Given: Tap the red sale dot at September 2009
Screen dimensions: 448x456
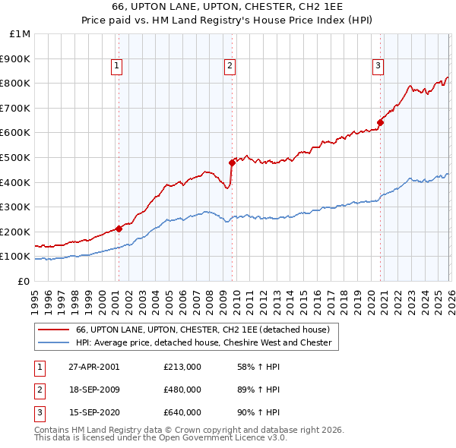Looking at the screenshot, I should tap(232, 162).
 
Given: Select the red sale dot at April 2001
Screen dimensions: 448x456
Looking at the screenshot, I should tap(119, 229).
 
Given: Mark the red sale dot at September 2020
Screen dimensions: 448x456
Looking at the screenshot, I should tap(380, 122).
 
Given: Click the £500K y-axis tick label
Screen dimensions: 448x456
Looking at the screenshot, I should tap(17, 157).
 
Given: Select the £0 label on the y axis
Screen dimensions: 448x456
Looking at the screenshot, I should tap(23, 281).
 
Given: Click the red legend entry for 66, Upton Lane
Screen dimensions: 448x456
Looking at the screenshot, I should tap(202, 330).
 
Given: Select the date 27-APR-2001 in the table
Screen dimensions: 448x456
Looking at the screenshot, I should tap(94, 367).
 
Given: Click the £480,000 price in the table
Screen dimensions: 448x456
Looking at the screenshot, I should tap(182, 390).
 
